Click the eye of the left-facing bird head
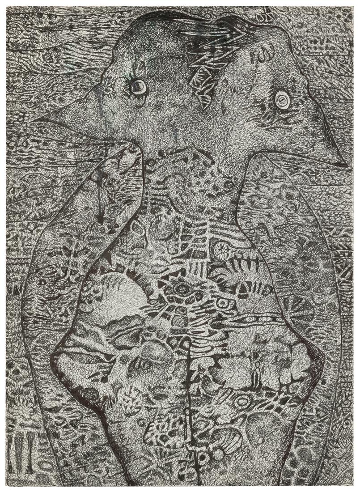[138, 86]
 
